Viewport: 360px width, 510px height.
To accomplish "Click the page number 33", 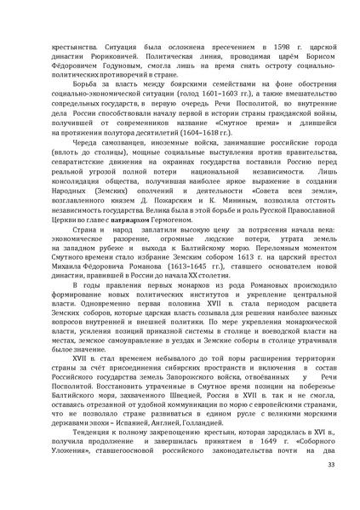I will pyautogui.click(x=331, y=486).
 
